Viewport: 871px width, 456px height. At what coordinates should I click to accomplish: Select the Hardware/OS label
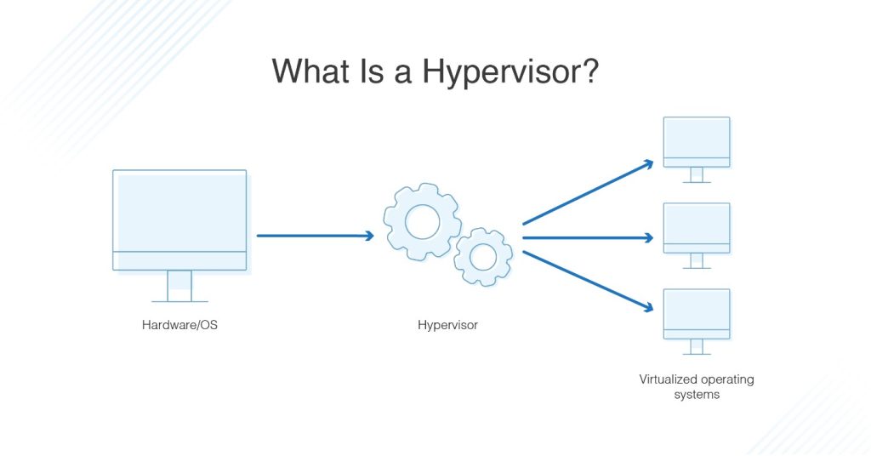click(179, 324)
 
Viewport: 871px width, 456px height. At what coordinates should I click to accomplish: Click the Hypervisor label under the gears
click(447, 324)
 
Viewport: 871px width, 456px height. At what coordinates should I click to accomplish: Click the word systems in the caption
click(697, 395)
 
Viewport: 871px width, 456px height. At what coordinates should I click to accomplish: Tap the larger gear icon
click(422, 221)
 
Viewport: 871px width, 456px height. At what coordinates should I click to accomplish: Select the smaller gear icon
click(482, 256)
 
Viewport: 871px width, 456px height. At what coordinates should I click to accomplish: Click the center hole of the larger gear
click(422, 222)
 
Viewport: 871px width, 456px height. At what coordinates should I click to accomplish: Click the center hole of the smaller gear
click(482, 256)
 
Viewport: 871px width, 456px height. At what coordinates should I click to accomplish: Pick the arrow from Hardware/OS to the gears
click(315, 236)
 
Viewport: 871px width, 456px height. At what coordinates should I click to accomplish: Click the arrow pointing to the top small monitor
click(587, 192)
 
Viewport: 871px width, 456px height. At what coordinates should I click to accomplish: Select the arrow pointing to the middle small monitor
click(587, 238)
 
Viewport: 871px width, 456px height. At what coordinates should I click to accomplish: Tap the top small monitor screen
click(697, 138)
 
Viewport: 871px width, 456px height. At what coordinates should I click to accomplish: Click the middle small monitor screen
click(697, 224)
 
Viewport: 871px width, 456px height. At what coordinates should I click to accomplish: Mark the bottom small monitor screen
click(697, 310)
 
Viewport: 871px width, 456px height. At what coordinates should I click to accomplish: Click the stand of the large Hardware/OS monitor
click(179, 286)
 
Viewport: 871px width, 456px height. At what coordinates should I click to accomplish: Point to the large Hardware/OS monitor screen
click(179, 210)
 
